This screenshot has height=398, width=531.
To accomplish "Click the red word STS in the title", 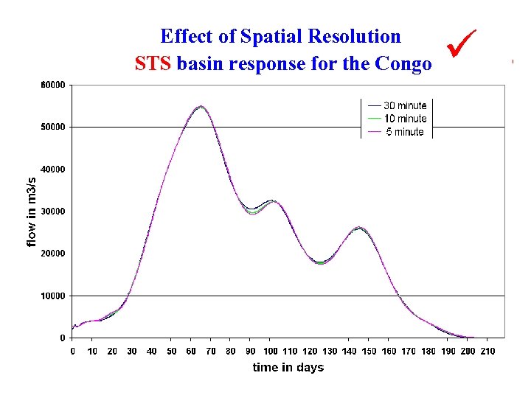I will coord(153,64).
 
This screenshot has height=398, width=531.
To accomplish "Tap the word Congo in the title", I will coord(403,64).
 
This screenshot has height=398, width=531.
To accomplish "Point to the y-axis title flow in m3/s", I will coord(31,212).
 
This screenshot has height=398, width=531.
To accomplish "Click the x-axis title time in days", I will coord(288,367).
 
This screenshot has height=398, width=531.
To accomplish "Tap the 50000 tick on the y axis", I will coord(52,127).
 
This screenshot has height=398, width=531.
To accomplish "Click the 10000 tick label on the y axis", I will coord(52,296).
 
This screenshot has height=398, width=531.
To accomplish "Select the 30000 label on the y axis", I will coord(52,212).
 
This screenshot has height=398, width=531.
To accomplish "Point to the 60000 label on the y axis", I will coord(52,85).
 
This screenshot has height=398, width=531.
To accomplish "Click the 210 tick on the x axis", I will coord(487,351).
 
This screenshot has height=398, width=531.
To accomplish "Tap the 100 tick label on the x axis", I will coord(270,351).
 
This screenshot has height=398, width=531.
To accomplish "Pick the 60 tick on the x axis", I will coord(191,351).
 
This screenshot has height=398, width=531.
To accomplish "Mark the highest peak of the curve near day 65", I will coord(201,106).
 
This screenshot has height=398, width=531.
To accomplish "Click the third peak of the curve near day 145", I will coord(358,228).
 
